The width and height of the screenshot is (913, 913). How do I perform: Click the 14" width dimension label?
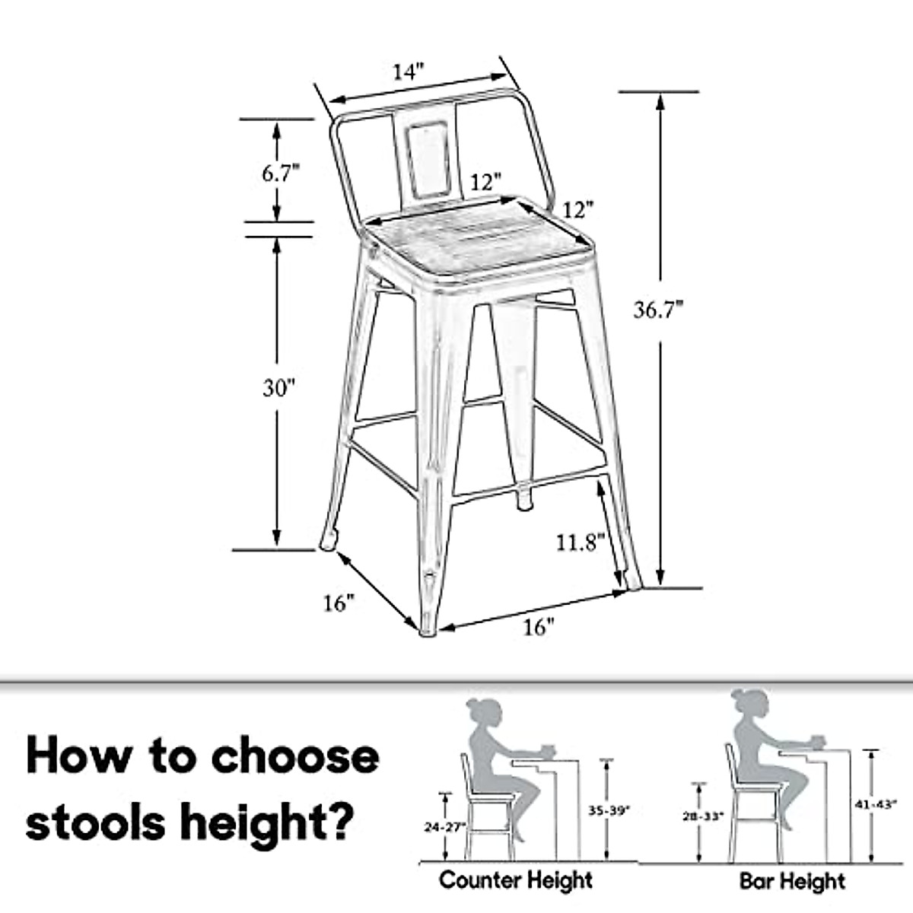[408, 72]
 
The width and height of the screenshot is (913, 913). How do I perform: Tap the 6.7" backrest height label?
[277, 173]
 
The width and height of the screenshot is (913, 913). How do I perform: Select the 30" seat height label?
[278, 388]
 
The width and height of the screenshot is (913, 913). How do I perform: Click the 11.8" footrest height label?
[580, 542]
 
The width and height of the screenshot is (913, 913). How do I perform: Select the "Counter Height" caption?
[516, 881]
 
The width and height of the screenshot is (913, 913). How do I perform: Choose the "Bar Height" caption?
[792, 882]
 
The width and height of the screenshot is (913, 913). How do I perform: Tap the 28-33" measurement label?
[700, 816]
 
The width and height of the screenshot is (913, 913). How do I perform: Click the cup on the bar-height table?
[816, 740]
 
